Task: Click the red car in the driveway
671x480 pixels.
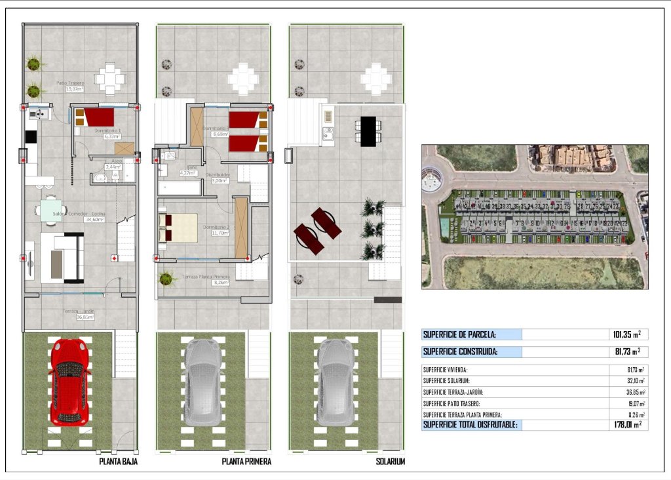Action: [69, 380]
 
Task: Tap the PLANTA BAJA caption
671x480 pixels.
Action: [118, 462]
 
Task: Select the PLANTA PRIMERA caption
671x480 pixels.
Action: [246, 462]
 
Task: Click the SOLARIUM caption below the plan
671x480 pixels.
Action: [390, 462]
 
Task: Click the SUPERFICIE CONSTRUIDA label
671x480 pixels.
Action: [461, 352]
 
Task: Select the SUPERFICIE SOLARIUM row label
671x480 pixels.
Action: [451, 381]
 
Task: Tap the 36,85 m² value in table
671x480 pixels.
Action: [632, 392]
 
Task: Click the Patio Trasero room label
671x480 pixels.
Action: [70, 83]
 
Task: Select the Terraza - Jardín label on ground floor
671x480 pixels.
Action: [79, 310]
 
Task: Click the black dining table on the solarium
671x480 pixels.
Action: [368, 130]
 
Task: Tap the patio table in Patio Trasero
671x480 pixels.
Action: [109, 79]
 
